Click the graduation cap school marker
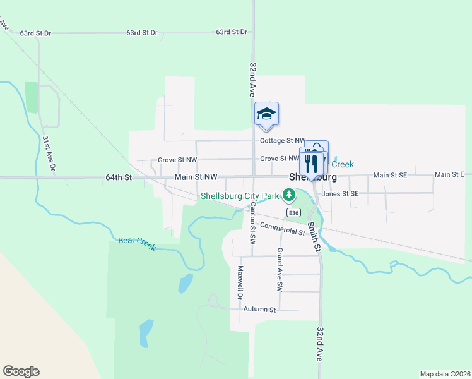(266, 114)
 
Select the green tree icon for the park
(289, 195)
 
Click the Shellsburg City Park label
(240, 196)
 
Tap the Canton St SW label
(252, 223)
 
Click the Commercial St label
(282, 229)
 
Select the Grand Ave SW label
(279, 269)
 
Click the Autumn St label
(260, 310)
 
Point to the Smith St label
(314, 234)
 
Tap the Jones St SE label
(340, 193)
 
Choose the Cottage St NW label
(283, 141)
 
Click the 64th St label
(118, 178)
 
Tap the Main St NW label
(196, 177)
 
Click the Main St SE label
(391, 174)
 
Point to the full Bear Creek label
(136, 243)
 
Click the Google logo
(21, 371)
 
